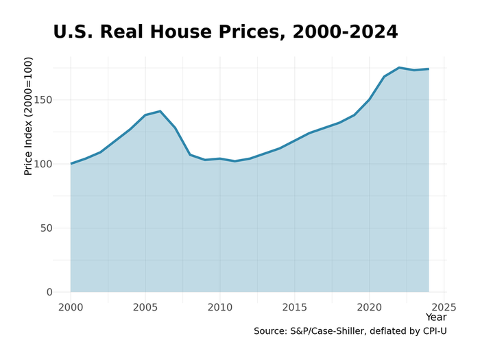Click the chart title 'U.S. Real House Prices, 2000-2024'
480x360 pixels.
[x=225, y=32]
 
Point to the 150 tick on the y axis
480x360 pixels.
[x=43, y=100]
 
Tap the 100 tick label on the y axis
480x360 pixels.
[x=43, y=164]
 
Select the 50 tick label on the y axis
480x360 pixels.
[x=46, y=228]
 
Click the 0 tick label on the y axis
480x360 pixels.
[x=49, y=292]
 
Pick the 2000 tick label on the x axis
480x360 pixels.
[x=71, y=307]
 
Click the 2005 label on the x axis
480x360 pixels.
[x=145, y=307]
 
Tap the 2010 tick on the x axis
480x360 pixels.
[x=220, y=307]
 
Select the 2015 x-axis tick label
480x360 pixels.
[x=295, y=307]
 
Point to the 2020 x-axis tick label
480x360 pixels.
[x=369, y=307]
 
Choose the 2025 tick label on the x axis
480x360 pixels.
[x=444, y=307]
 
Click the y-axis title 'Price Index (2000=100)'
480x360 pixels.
[x=28, y=116]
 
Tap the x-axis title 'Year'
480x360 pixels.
[x=435, y=317]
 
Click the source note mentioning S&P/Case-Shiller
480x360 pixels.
[x=350, y=331]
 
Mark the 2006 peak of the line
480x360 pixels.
[x=160, y=111]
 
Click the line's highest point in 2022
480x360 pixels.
[x=399, y=68]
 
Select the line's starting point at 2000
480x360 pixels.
[x=71, y=164]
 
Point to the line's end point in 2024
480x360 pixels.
[x=429, y=69]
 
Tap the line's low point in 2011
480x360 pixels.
[x=235, y=161]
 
